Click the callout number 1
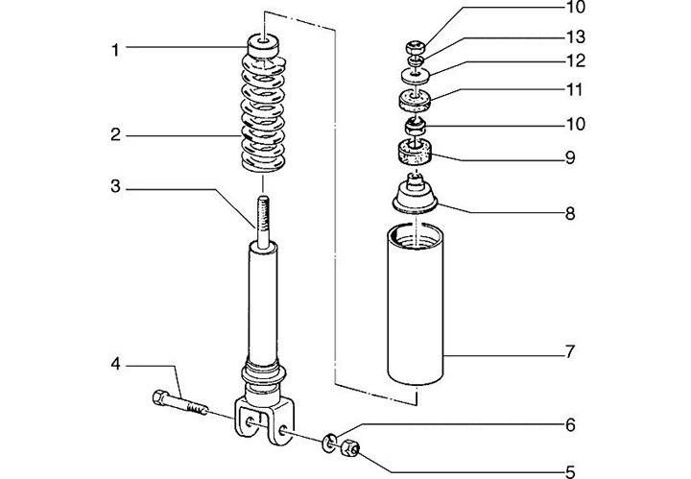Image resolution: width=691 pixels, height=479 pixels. coord(115,50)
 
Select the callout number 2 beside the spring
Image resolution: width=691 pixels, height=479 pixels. coord(115,134)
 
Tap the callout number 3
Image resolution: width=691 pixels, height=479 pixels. coord(115,186)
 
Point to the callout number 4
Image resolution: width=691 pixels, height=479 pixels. coord(115,365)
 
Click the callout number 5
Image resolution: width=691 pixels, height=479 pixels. coord(570,472)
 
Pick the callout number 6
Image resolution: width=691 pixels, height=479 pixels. coord(570,425)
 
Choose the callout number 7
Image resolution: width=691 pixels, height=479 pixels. coord(570,351)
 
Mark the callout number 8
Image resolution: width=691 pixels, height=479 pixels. coord(570,214)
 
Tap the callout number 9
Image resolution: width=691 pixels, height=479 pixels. coord(570,157)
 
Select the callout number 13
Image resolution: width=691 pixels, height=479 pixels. coord(576,37)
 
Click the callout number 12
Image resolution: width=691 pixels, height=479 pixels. coord(576,60)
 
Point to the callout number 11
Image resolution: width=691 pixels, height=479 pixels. coord(575,90)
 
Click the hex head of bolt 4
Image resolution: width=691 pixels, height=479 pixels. coord(160,397)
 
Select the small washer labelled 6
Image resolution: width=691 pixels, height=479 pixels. coord(329,442)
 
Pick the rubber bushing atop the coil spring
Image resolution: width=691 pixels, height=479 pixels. coord(263,45)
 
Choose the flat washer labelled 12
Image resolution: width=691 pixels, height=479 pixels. coord(416,76)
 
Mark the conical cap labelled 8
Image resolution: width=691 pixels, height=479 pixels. coord(415,193)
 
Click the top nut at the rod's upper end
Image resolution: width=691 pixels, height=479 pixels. coord(416,46)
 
